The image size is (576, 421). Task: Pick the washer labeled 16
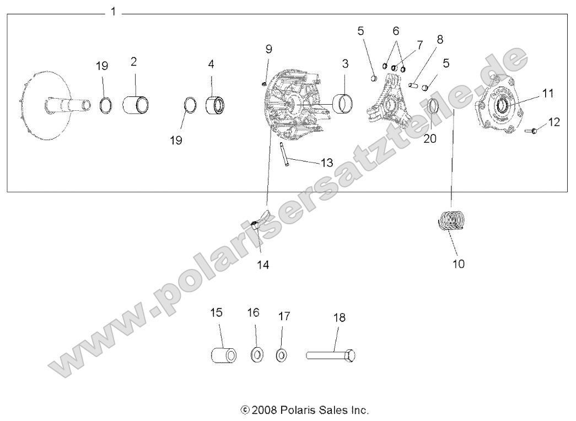(x=257, y=354)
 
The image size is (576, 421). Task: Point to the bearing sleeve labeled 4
(x=216, y=105)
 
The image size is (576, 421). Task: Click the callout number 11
(x=547, y=93)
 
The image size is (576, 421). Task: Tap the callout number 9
(x=268, y=48)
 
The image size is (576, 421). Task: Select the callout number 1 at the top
(x=113, y=12)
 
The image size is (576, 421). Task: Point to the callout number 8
(x=439, y=40)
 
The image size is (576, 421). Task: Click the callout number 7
(x=419, y=44)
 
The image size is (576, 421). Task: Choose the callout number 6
(x=396, y=31)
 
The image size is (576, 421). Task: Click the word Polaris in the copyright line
(x=297, y=411)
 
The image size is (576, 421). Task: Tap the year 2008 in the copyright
(x=263, y=411)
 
